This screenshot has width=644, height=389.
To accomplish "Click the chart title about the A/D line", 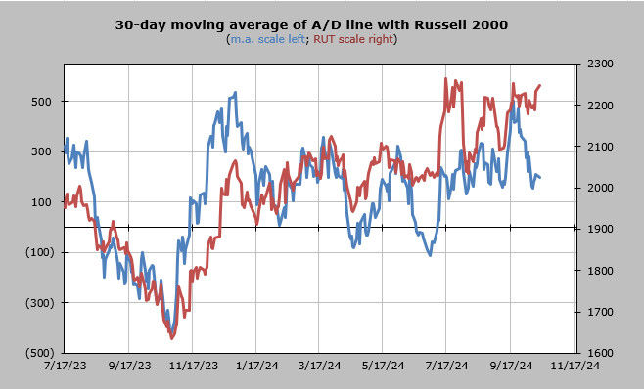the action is tap(311, 24).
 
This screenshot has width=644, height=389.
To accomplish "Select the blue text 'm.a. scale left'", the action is tap(268, 39).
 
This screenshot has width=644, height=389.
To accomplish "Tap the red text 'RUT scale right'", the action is tap(353, 39).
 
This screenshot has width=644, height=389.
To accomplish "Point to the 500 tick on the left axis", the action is tap(41, 102).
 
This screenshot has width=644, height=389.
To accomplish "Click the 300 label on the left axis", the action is tap(41, 151).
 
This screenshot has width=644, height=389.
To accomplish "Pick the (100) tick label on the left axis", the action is tap(39, 252).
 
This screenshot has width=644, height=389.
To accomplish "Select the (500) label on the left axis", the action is tap(39, 353).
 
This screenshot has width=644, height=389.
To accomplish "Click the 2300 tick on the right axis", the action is tap(600, 64).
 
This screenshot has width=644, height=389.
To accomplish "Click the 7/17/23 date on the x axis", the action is tap(65, 366).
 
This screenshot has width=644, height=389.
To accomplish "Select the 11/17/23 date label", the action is tap(194, 366).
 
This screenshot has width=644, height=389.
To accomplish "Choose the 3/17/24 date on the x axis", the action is tap(319, 366).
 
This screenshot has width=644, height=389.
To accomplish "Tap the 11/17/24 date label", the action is tap(575, 366).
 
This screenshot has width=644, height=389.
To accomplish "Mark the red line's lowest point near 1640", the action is tap(172, 338).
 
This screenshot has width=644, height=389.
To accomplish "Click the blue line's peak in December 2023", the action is tap(235, 93).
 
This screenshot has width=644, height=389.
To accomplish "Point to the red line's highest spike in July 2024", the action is tap(445, 78).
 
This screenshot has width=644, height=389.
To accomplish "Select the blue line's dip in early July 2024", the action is tap(430, 255).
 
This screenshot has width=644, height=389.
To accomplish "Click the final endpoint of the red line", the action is tap(540, 85).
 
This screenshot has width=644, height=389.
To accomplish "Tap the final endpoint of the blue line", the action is tap(540, 177).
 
